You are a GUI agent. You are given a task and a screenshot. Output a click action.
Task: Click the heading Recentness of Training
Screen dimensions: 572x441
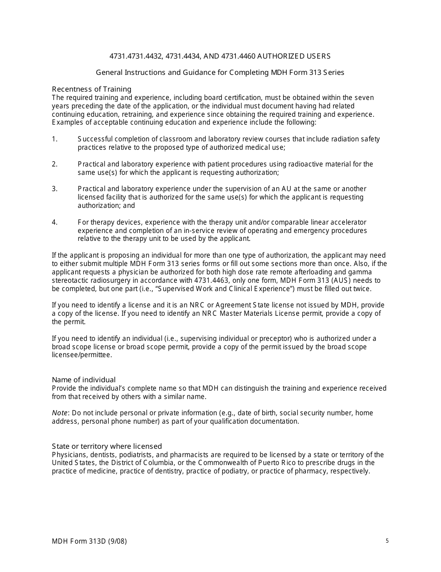coord(91,89)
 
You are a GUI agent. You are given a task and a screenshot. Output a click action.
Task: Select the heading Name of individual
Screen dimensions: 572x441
coord(84,380)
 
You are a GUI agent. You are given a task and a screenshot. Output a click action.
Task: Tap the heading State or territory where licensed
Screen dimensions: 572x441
coord(107,446)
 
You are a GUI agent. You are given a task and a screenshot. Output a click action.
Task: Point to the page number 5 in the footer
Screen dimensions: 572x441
coord(387,541)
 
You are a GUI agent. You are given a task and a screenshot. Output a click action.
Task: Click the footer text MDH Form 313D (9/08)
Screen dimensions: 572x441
coord(89,541)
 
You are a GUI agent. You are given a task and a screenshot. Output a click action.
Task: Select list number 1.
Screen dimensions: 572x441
coord(54,139)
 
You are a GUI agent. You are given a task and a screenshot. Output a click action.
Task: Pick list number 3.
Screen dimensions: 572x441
coord(54,189)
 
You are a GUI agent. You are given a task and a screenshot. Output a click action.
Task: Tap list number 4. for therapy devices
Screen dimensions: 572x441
coord(54,222)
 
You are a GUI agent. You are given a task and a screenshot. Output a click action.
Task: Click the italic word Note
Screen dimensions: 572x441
coord(59,413)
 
